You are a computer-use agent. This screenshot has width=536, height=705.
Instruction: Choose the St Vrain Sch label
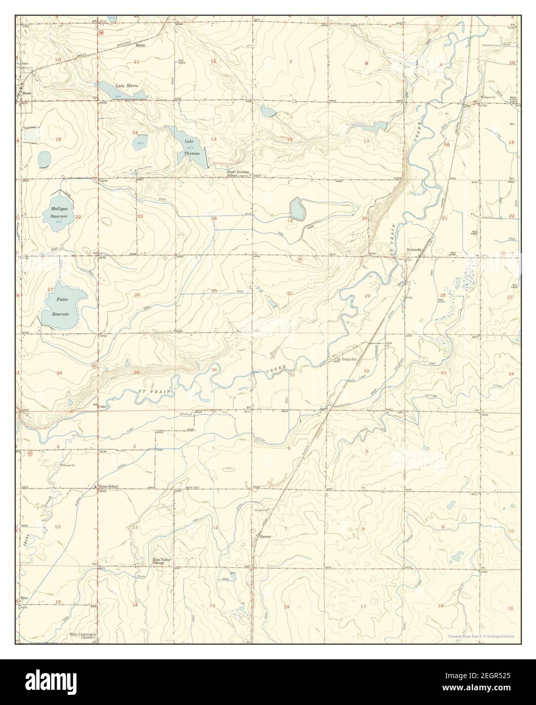coord(348,360)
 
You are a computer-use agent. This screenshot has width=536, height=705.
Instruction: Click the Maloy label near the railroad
coord(140,45)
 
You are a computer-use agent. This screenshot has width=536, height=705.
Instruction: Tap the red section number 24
coord(214,218)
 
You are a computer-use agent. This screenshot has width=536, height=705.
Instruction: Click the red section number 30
coord(289,293)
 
